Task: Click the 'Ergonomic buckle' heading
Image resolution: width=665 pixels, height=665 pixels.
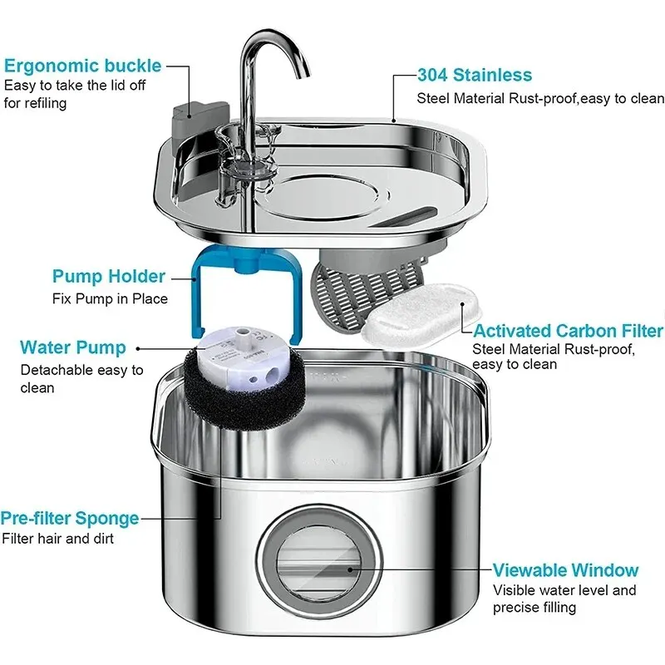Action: [x=82, y=66]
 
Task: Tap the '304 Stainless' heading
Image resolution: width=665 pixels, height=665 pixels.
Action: [x=474, y=76]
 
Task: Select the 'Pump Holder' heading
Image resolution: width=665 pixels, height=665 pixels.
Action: [x=108, y=277]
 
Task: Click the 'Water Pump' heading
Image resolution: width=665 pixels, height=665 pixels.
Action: [x=73, y=347]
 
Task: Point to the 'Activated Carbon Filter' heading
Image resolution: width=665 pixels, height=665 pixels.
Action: [x=568, y=332]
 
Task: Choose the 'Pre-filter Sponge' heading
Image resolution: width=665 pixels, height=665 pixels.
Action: [x=70, y=518]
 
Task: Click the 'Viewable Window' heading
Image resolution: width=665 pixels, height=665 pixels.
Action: [x=565, y=570]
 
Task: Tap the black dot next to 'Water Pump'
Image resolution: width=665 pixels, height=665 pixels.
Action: [x=137, y=349]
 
